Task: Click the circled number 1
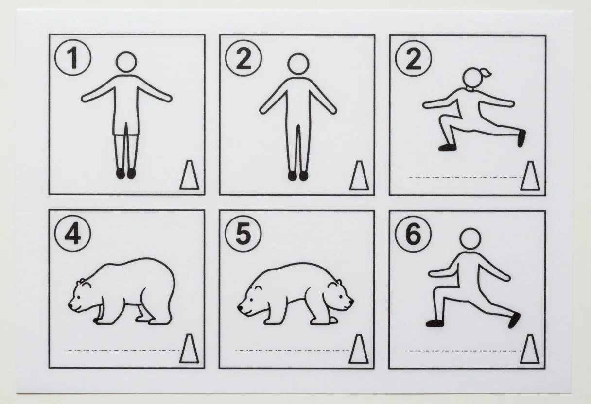[x=73, y=58]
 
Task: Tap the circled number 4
[x=73, y=234]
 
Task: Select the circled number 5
[x=243, y=234]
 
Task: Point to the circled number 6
[x=413, y=234]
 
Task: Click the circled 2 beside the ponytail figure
[x=414, y=58]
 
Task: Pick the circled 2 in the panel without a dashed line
[x=243, y=58]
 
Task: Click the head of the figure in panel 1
[x=126, y=62]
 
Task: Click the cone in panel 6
[x=530, y=349]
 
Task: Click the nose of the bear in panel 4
[x=71, y=305]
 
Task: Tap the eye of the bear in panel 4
[x=79, y=297]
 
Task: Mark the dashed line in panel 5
[x=292, y=351]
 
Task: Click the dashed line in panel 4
[x=122, y=350]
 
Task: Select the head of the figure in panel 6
[x=470, y=239]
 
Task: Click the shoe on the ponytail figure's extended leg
[x=521, y=138]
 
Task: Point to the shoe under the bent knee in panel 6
[x=434, y=323]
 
